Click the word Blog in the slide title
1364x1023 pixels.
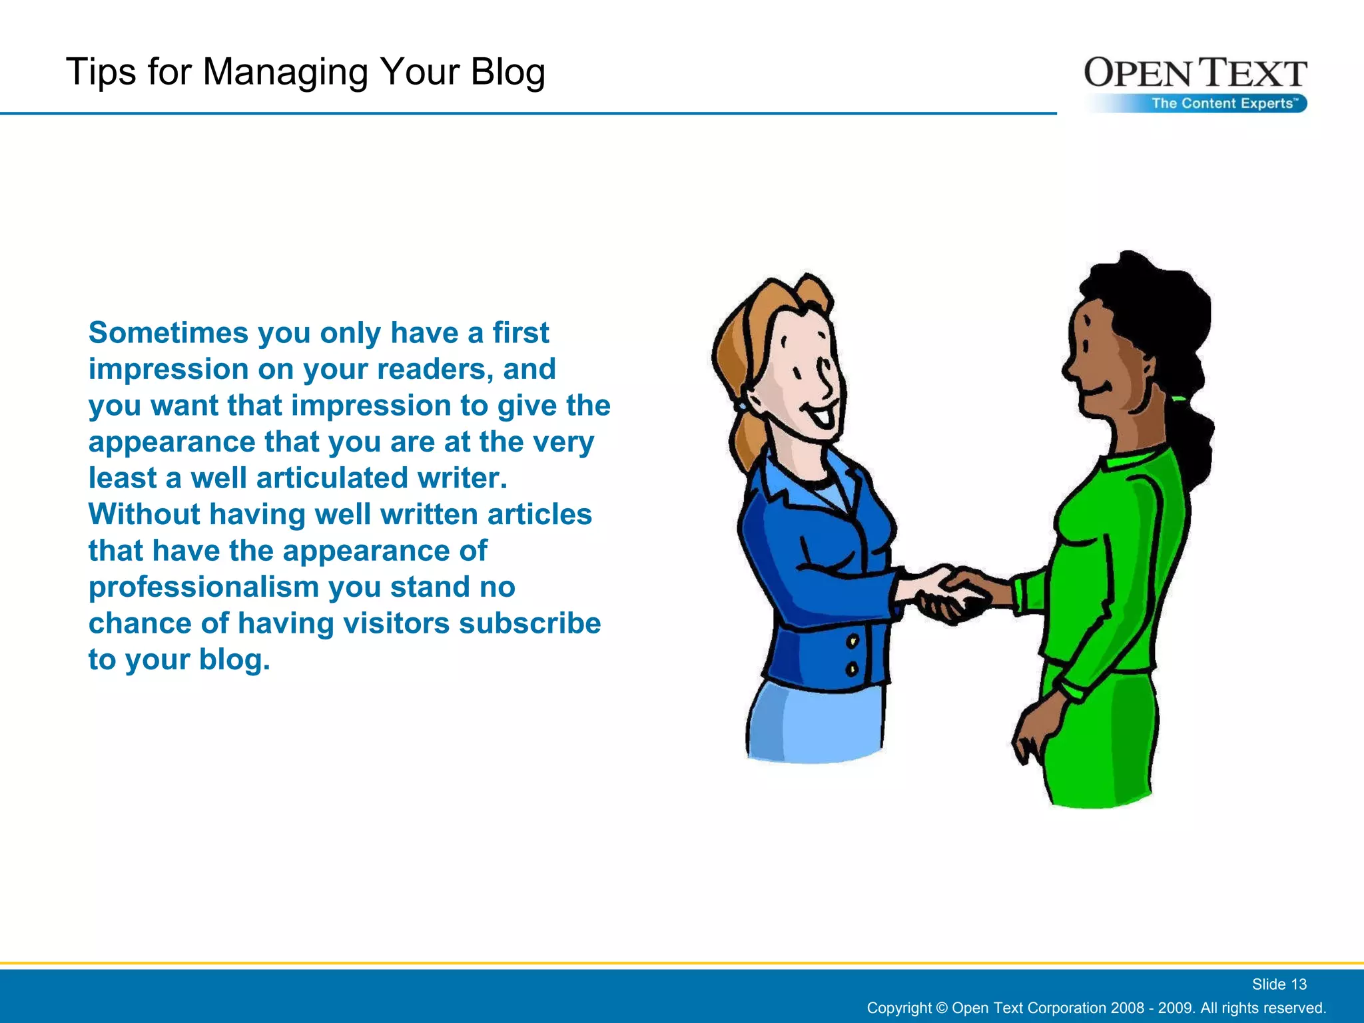tap(508, 72)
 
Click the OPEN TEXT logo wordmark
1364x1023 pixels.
tap(1195, 73)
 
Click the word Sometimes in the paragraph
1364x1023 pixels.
tap(169, 332)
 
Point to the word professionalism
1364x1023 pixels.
tap(204, 587)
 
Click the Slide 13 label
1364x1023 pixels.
tap(1279, 984)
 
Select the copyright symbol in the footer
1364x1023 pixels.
tap(941, 1008)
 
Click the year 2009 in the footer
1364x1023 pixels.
tap(1176, 1008)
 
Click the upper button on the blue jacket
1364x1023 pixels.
tap(852, 641)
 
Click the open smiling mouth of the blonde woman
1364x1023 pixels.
tap(821, 416)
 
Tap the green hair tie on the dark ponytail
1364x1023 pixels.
tap(1178, 399)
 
